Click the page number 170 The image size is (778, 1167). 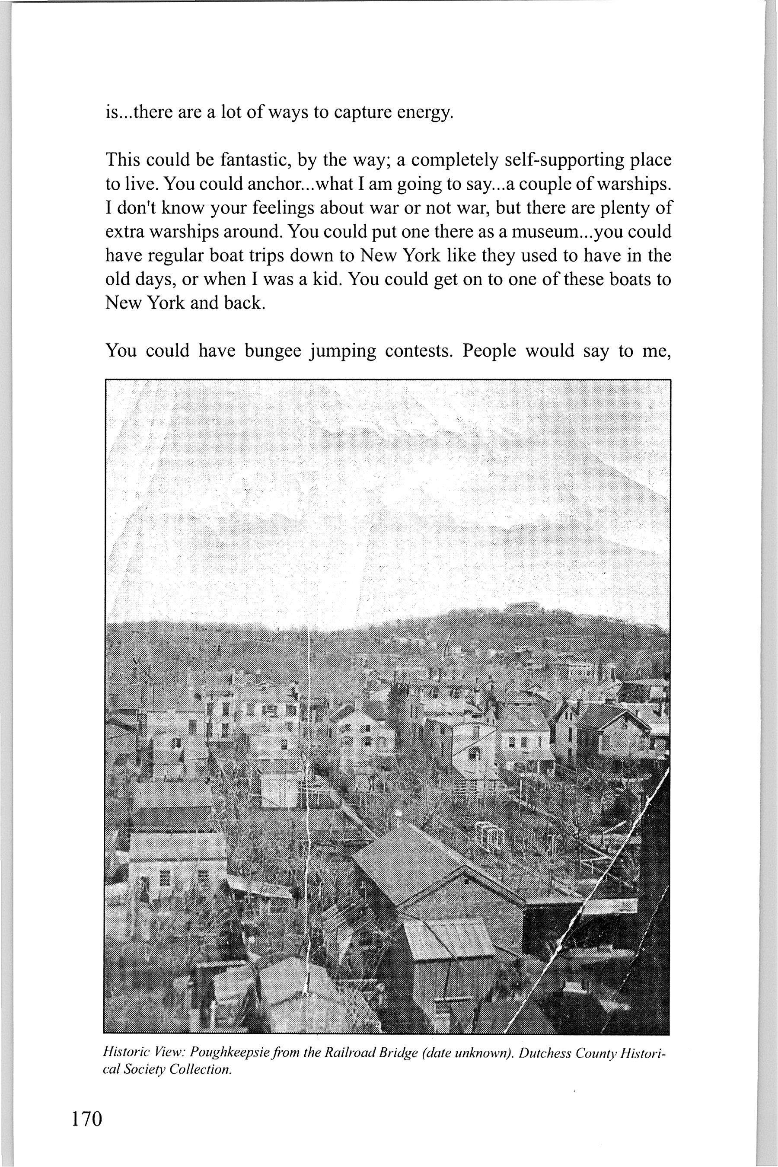pyautogui.click(x=87, y=1103)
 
